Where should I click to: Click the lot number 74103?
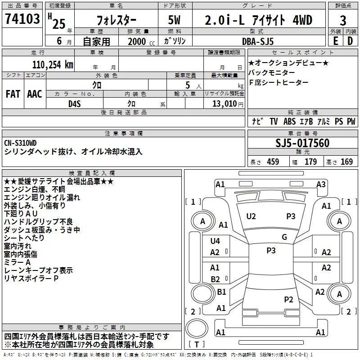point(22,19)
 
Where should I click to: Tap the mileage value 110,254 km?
point(53,64)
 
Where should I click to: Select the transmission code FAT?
point(13,93)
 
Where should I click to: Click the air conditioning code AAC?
point(34,93)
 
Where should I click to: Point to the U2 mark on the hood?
point(251,216)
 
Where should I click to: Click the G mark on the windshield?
point(284,237)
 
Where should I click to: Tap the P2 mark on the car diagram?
point(288,299)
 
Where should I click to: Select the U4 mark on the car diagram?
point(215,241)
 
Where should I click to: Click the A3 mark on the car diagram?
point(321,184)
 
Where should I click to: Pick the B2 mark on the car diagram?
point(215,279)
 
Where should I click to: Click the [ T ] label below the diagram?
point(196,345)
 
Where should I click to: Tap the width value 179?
point(310,162)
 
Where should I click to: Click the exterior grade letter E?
point(335,41)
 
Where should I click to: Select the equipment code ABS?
point(290,121)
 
